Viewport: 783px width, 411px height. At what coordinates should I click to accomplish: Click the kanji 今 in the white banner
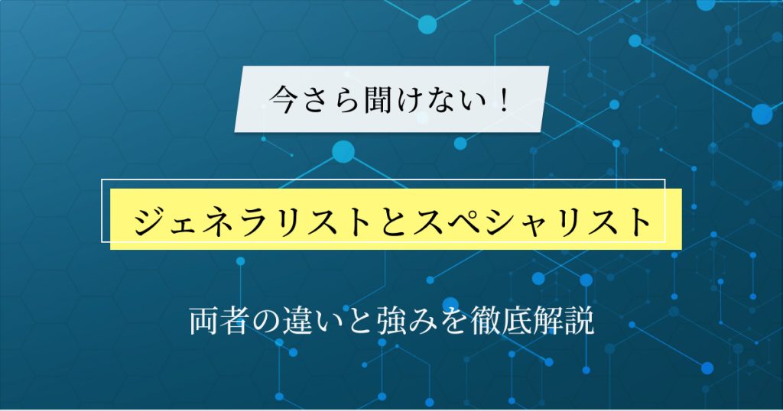coord(284,99)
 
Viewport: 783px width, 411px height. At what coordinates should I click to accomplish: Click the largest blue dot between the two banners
coord(343,151)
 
